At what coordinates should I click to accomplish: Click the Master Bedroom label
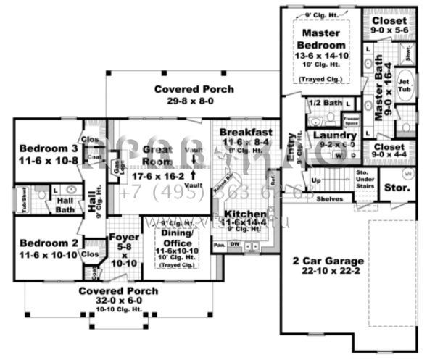pos(322,40)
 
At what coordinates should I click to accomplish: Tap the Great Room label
pos(157,155)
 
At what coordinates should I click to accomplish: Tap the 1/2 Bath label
pos(324,103)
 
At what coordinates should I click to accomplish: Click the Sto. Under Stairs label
pos(363,179)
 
